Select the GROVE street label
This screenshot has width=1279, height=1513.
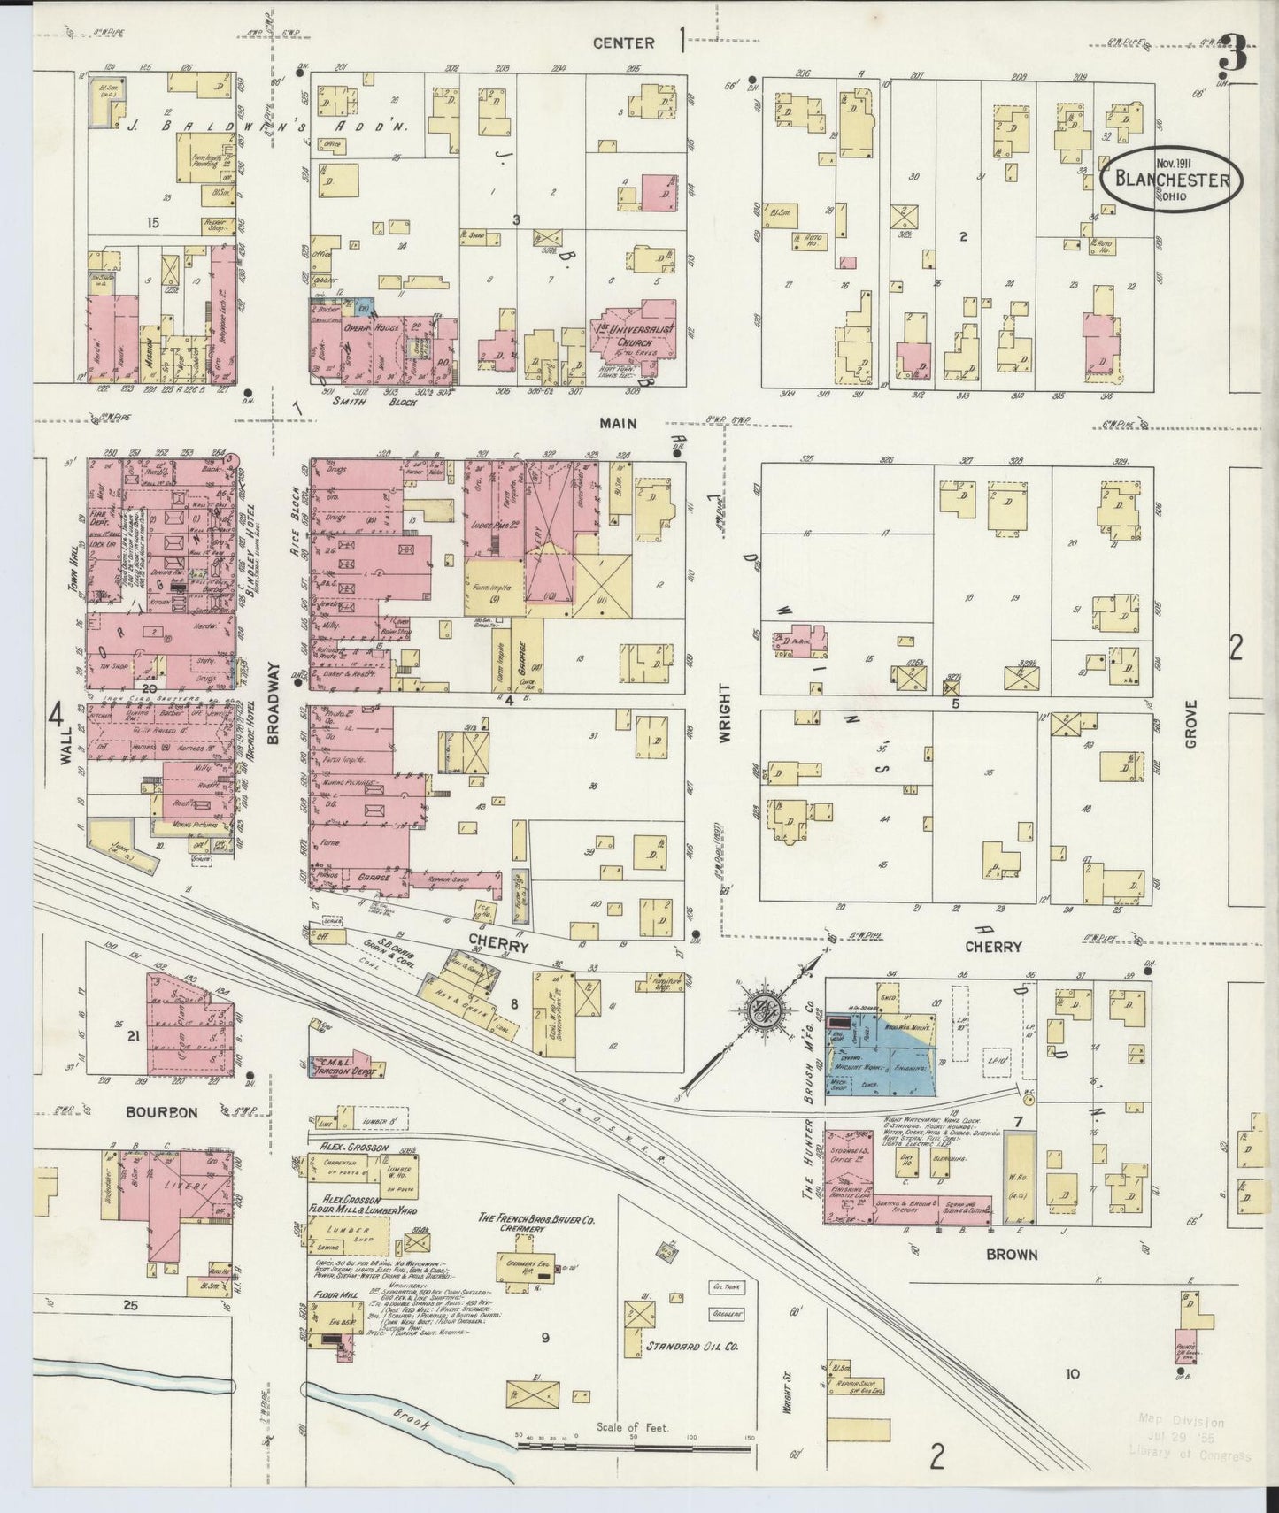[x=1190, y=725]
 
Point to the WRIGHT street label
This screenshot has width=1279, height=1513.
[x=725, y=711]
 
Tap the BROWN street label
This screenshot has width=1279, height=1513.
[x=1013, y=1254]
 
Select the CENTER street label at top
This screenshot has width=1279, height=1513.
[x=623, y=42]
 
